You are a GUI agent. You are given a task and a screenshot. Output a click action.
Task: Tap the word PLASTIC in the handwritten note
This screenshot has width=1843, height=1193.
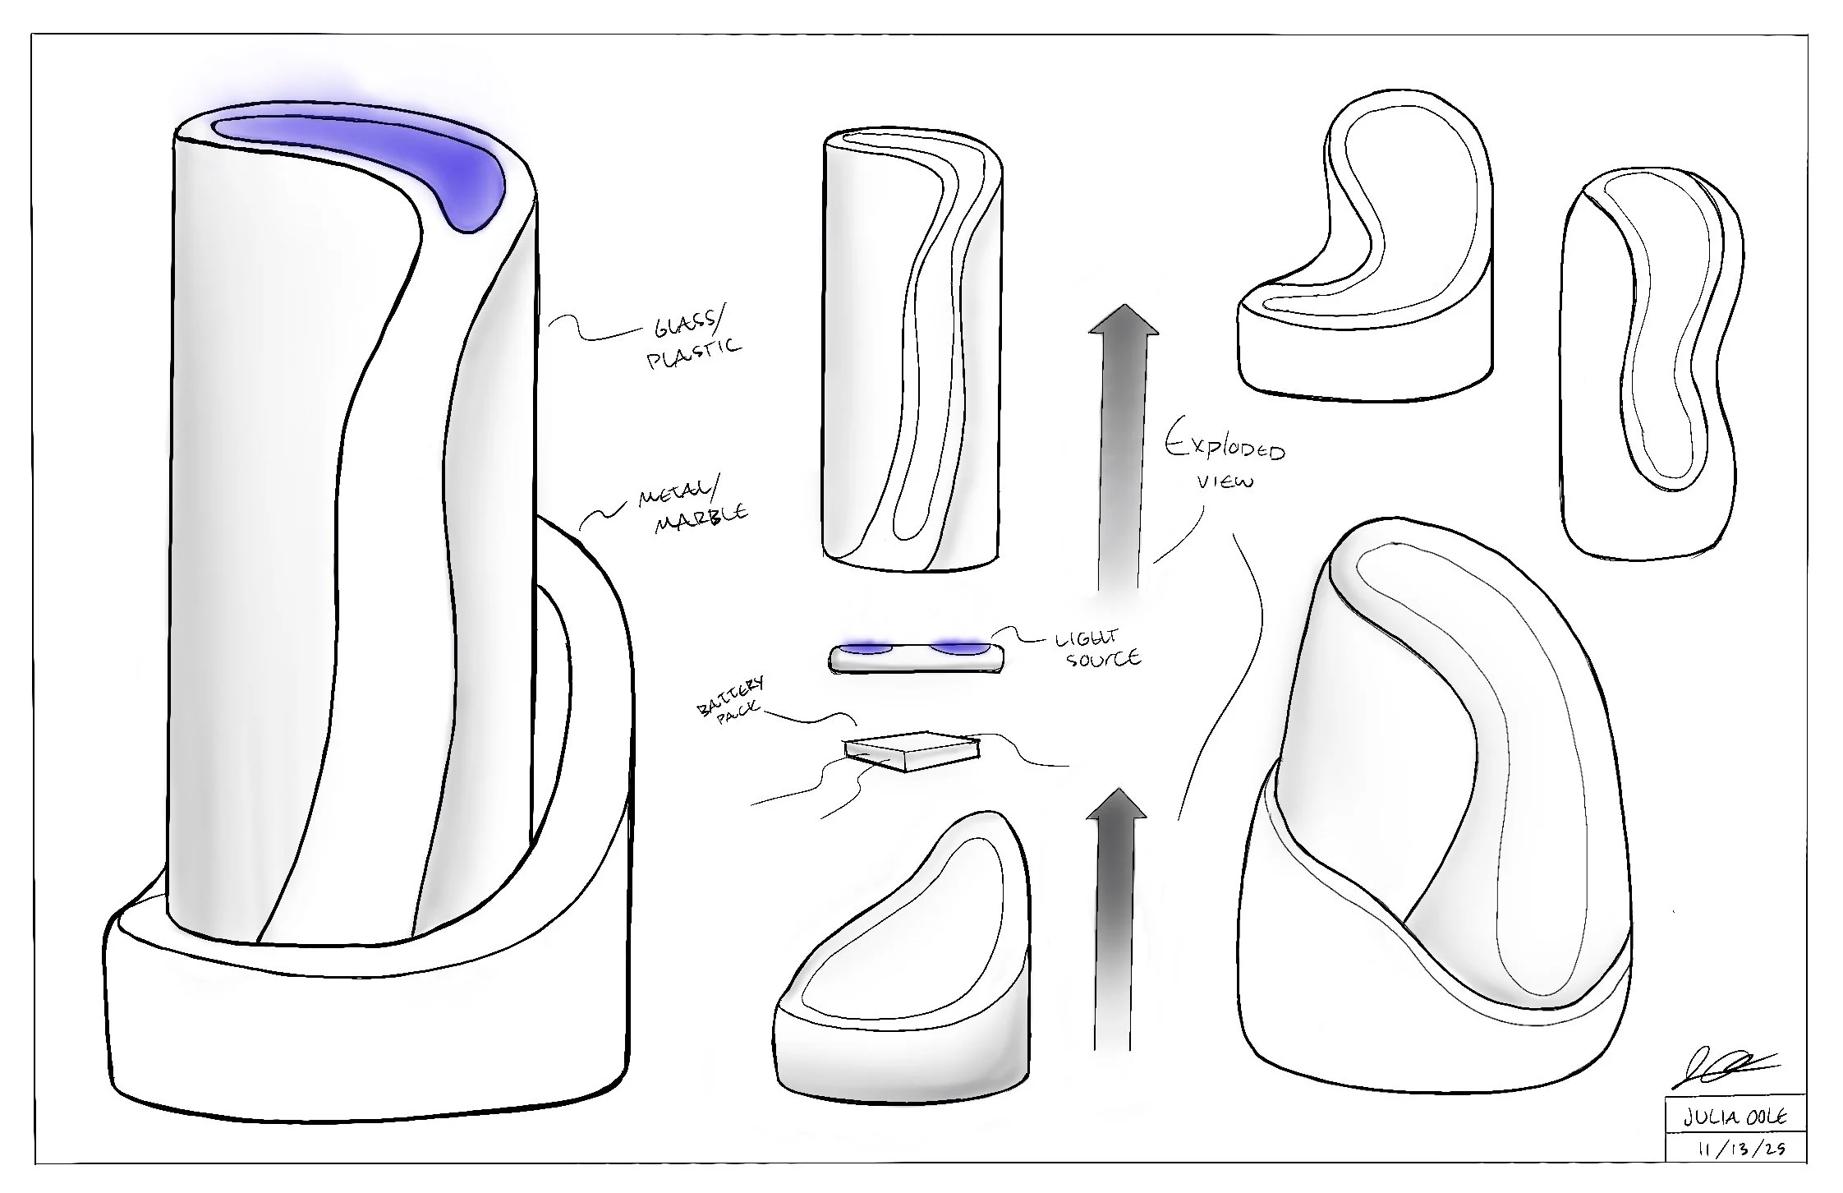pyautogui.click(x=694, y=353)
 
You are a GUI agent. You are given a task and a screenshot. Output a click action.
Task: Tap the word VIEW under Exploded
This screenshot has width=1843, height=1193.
pyautogui.click(x=1225, y=481)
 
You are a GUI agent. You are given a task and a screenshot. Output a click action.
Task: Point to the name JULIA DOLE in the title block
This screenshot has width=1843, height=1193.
pyautogui.click(x=1735, y=1118)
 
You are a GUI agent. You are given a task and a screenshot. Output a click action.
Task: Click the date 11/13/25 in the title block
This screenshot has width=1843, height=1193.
pyautogui.click(x=1735, y=1149)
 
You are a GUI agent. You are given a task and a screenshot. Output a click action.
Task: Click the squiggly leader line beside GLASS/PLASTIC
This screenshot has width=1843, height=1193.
pyautogui.click(x=591, y=330)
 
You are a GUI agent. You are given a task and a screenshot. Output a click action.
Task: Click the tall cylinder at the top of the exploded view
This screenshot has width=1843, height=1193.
pyautogui.click(x=912, y=349)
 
